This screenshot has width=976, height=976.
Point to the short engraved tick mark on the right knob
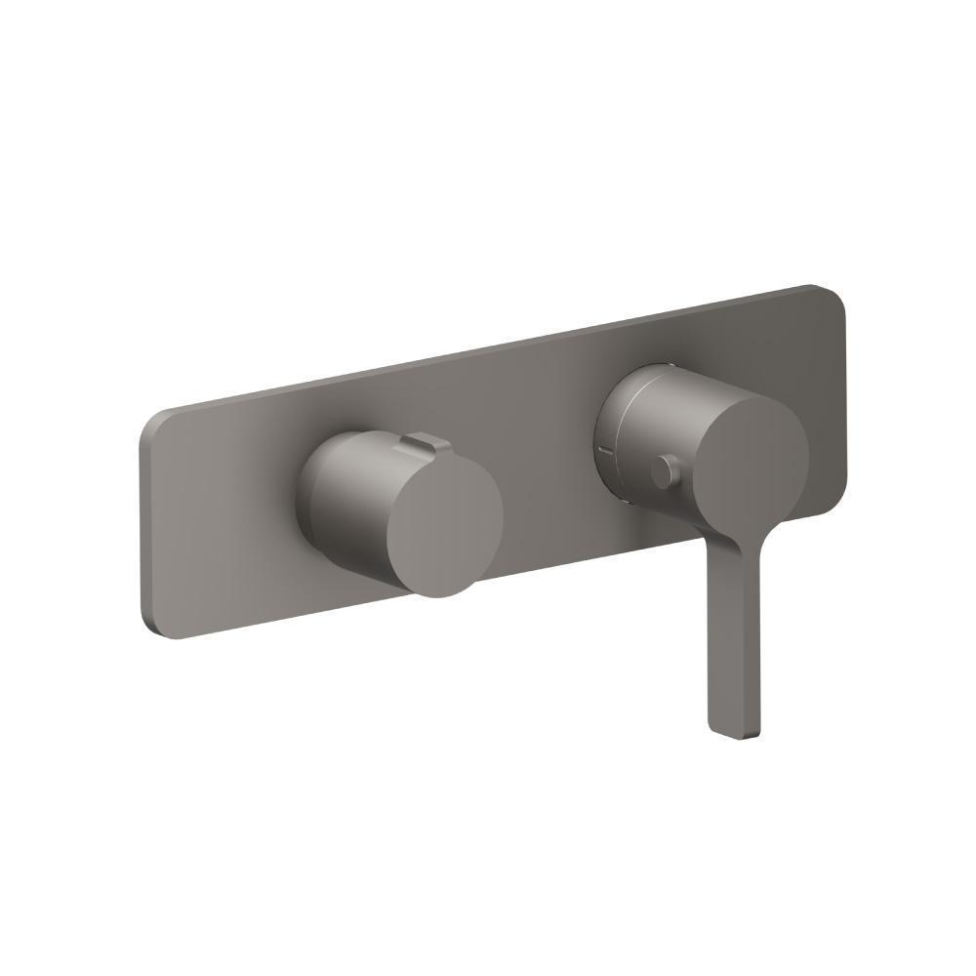pos(606,450)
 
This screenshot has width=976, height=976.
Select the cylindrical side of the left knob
pos(342,508)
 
